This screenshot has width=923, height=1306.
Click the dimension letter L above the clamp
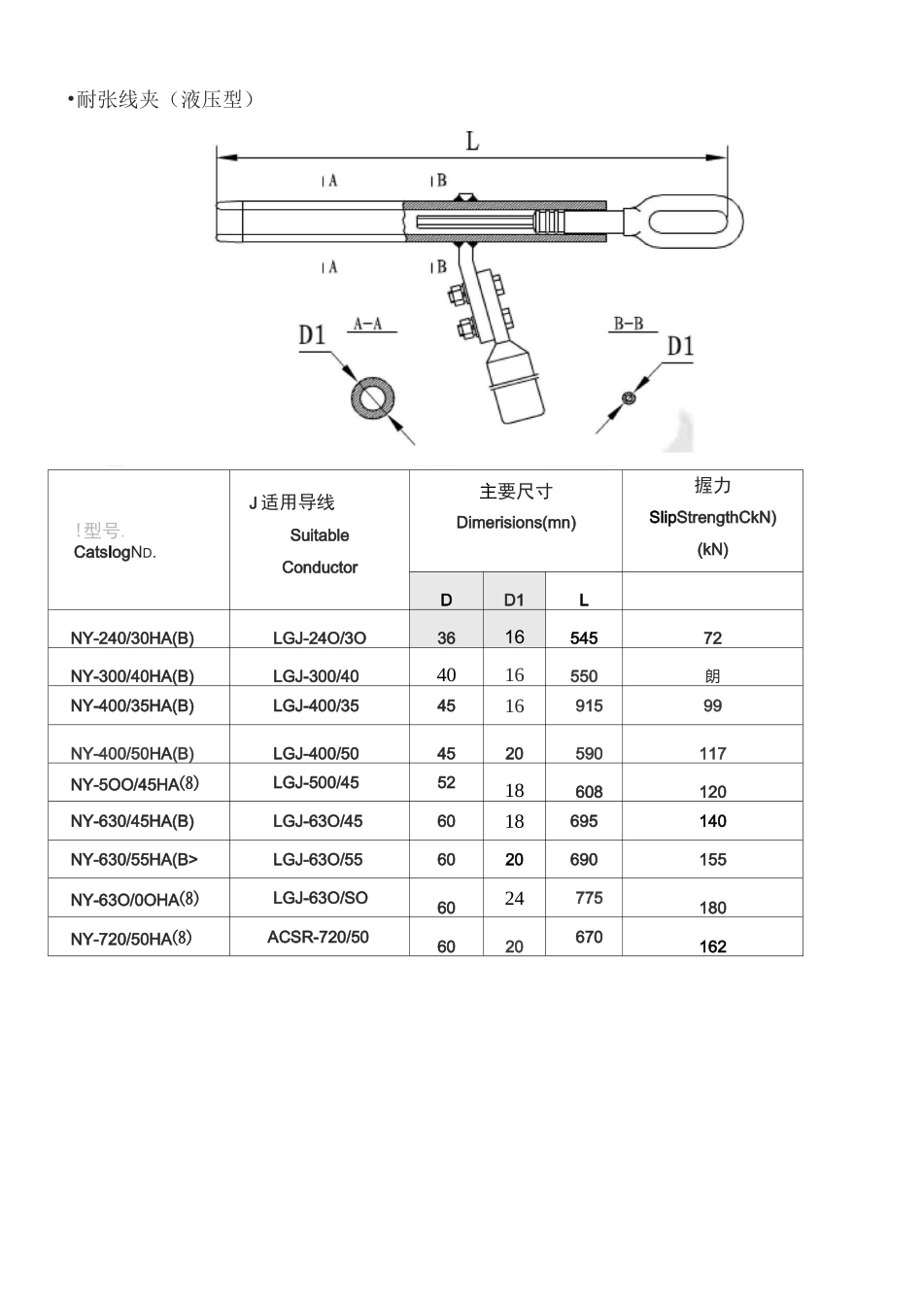[x=472, y=142]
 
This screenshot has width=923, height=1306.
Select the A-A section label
[x=367, y=324]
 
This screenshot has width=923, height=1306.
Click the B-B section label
[x=628, y=324]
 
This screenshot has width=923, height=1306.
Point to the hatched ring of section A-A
[x=372, y=398]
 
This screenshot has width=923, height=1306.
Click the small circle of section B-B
[x=630, y=396]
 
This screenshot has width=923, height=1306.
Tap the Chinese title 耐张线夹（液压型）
[x=165, y=99]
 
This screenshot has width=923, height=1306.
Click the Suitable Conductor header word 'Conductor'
[x=320, y=567]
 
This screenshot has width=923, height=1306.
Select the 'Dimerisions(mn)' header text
[x=516, y=523]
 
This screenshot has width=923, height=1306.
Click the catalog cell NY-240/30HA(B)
[x=132, y=638]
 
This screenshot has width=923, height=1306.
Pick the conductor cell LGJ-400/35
[x=316, y=705]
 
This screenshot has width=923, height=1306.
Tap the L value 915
[x=589, y=705]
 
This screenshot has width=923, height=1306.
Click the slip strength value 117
[x=712, y=753]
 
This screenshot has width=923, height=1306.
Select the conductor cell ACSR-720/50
[x=318, y=937]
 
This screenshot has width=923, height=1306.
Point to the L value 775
[x=589, y=898]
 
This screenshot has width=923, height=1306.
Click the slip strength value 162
[x=712, y=946]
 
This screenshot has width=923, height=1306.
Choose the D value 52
[x=446, y=782]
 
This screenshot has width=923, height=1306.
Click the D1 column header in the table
[x=514, y=601]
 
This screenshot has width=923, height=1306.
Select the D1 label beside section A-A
[x=312, y=336]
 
